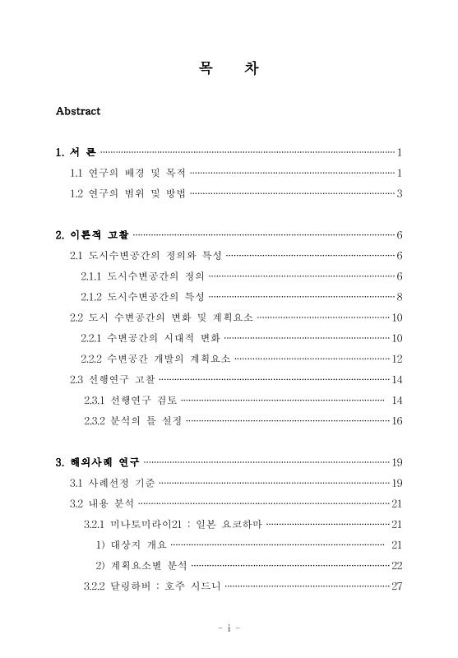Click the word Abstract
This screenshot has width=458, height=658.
tap(77, 111)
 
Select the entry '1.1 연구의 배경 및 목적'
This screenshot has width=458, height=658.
tap(128, 173)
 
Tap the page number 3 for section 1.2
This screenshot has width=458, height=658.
tap(399, 194)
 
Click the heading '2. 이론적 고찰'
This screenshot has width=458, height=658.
tap(92, 235)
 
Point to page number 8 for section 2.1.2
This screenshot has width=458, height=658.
tap(399, 297)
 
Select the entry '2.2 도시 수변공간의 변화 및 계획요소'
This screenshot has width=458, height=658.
tap(162, 317)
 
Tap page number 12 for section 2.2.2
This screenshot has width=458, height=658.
tap(396, 359)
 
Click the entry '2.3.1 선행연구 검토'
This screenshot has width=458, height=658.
tap(130, 401)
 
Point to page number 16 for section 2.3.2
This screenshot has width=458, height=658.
tap(396, 421)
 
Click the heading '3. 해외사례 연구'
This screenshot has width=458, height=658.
tap(97, 461)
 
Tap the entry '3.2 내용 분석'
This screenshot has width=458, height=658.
tap(102, 503)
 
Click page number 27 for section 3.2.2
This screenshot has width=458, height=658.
tap(396, 586)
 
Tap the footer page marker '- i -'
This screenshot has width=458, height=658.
tap(229, 628)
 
